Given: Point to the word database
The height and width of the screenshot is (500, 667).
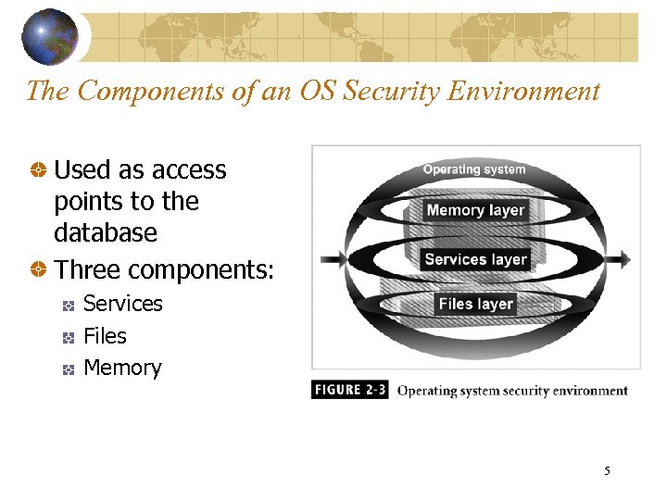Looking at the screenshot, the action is (x=106, y=232).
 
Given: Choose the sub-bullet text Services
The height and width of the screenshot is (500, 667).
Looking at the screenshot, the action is (x=122, y=304).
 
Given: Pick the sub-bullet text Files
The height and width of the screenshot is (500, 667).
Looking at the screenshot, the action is (x=105, y=335).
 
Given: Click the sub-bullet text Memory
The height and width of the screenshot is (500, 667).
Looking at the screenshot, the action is (x=122, y=368).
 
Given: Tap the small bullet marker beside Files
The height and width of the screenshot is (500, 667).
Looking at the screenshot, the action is (x=68, y=337).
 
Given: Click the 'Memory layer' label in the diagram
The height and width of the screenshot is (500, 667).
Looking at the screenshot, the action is (x=475, y=210).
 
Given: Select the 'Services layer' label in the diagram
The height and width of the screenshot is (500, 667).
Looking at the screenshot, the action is (x=475, y=259).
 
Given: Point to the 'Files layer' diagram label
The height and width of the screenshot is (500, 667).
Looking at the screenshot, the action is (x=475, y=304).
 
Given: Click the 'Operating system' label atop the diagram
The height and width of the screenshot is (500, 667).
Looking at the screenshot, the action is (x=474, y=169).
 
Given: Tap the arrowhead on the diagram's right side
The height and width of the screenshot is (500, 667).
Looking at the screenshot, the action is (x=626, y=259).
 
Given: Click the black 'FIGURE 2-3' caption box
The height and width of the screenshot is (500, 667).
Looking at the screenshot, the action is (x=350, y=390).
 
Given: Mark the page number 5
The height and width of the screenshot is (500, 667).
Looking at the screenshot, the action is (x=607, y=471).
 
